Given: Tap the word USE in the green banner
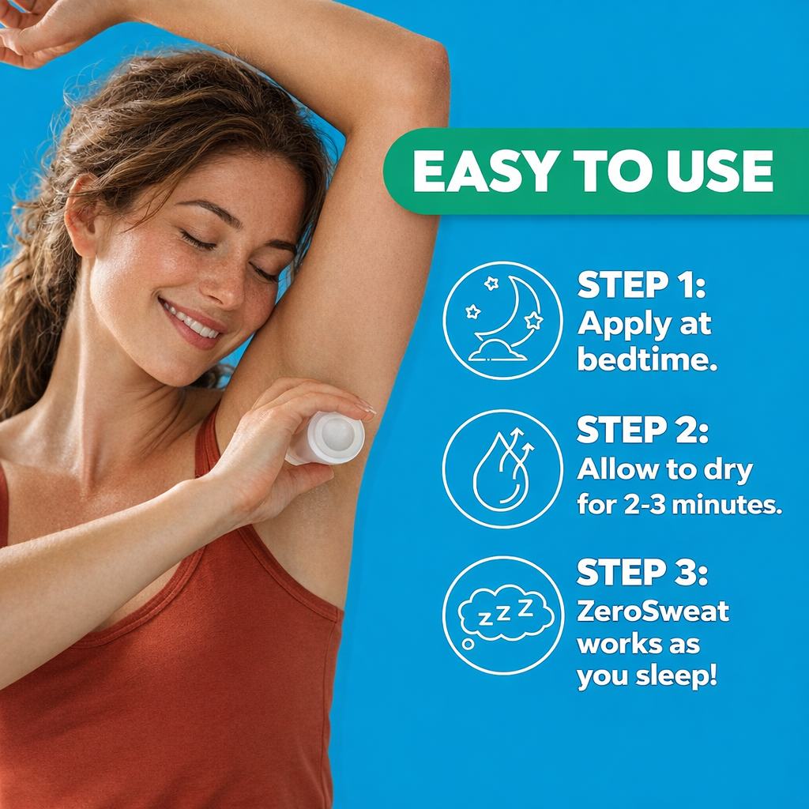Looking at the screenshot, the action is click(x=720, y=171).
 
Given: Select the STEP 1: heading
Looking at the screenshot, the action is click(x=641, y=284).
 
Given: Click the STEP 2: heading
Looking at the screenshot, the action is click(x=642, y=430).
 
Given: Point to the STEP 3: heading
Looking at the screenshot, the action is click(x=642, y=572).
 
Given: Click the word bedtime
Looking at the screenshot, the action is click(x=647, y=359).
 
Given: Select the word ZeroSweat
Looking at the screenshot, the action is click(x=653, y=611).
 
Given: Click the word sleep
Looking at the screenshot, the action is click(x=676, y=677).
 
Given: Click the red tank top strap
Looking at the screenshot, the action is click(x=206, y=444).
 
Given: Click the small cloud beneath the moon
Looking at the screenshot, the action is click(x=496, y=351).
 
